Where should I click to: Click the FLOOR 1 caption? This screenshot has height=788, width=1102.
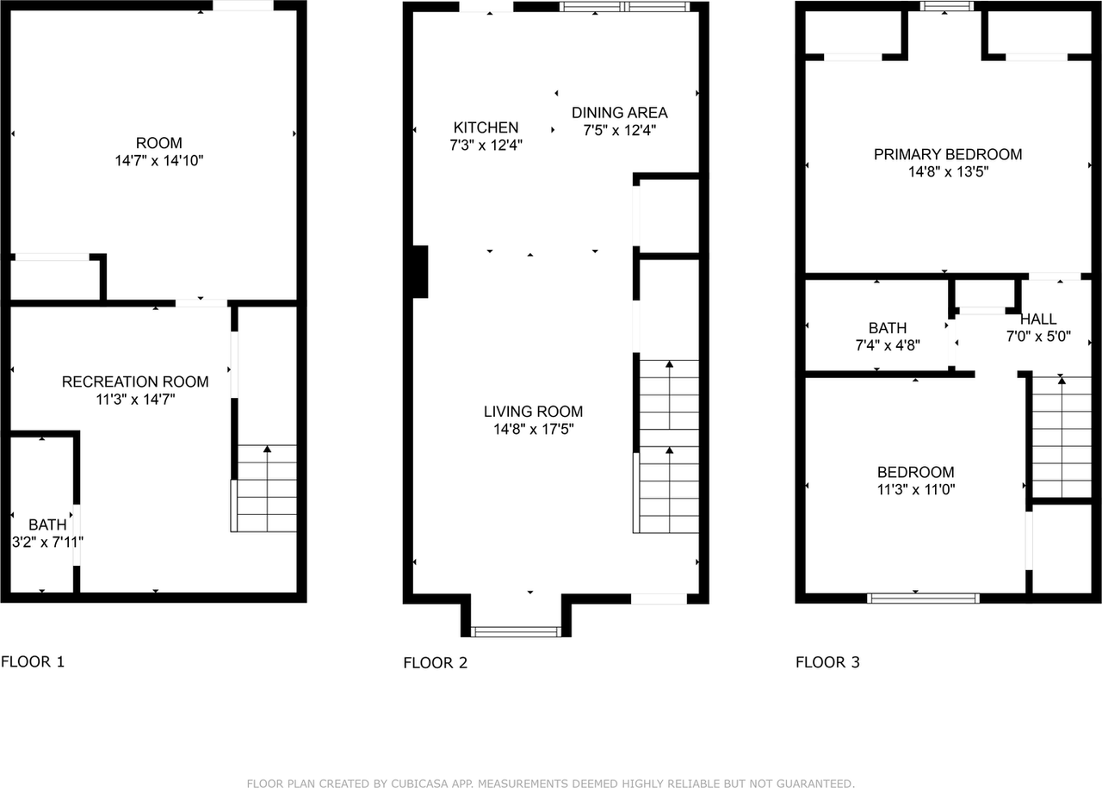click(33, 661)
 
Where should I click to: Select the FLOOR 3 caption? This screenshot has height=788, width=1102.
click(827, 662)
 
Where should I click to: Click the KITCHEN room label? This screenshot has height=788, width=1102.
click(486, 127)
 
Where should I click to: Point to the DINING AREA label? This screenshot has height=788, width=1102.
click(619, 112)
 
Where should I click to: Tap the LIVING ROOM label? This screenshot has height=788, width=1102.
click(533, 412)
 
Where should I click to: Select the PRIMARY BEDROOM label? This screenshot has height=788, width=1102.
click(948, 154)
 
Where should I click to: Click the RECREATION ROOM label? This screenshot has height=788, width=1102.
click(135, 382)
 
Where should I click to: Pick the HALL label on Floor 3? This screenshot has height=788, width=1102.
click(1038, 320)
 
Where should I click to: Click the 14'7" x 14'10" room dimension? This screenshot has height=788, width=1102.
click(159, 160)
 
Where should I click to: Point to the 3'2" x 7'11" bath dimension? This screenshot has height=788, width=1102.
click(47, 543)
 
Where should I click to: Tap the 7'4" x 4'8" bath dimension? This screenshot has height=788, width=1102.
click(887, 345)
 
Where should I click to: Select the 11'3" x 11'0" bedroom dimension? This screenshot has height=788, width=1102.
click(915, 489)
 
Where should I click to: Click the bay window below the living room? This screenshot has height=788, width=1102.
click(517, 631)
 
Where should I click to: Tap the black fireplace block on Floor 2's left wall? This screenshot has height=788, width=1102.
click(420, 271)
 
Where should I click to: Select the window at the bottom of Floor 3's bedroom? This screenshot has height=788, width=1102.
click(923, 598)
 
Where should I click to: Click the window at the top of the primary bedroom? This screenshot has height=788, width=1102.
click(946, 6)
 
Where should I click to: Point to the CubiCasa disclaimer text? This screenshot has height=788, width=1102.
click(551, 784)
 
